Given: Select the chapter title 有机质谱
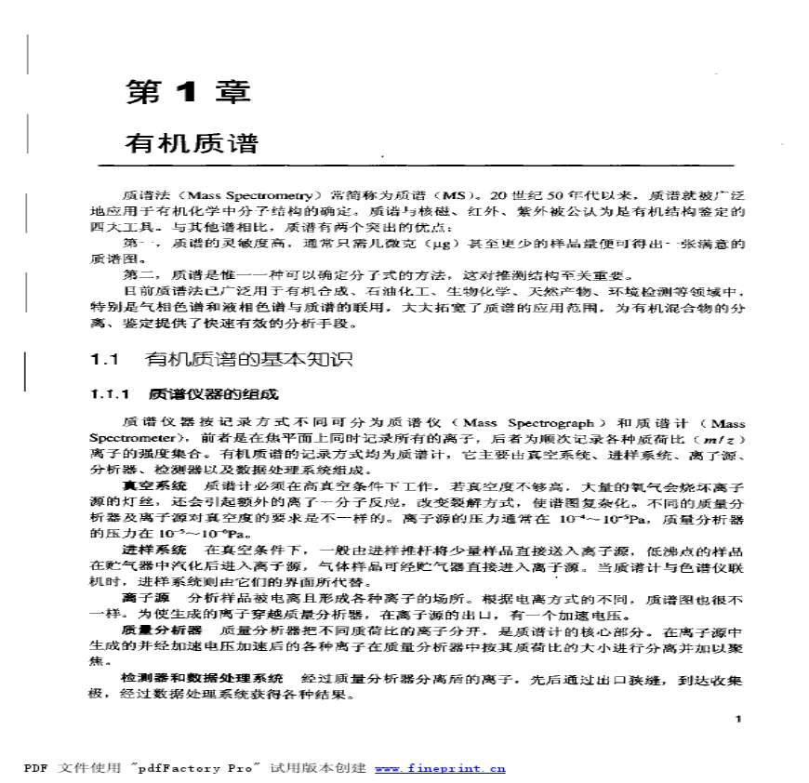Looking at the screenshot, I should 191,144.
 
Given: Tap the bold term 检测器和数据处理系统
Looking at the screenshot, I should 202,677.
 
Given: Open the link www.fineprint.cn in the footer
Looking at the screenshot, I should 440,768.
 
